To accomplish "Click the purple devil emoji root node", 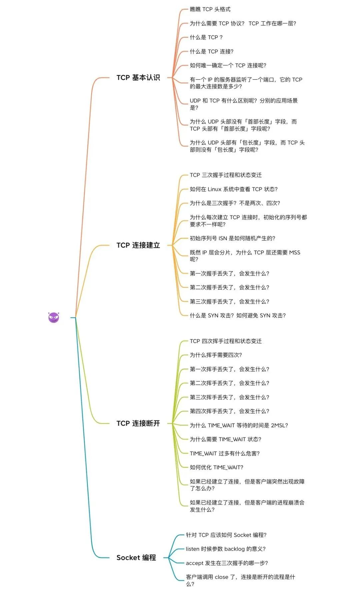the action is click(x=54, y=317).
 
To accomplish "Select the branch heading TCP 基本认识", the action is click(x=138, y=78).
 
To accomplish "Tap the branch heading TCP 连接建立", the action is click(x=138, y=245).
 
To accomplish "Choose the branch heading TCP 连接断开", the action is click(x=138, y=423).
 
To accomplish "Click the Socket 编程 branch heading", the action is click(x=136, y=558).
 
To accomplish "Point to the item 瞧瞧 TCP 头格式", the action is click(x=210, y=9).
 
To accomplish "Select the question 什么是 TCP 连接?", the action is click(x=212, y=52).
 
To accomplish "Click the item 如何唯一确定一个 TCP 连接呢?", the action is click(x=228, y=66).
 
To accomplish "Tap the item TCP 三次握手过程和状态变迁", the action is click(x=226, y=175).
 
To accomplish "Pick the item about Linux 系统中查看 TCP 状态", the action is click(x=234, y=189).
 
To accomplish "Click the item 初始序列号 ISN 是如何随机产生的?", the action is click(x=232, y=239).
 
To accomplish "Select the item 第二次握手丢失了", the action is click(x=229, y=287).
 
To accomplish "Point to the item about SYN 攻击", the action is click(x=238, y=316).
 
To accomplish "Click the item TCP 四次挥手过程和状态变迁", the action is click(x=226, y=341).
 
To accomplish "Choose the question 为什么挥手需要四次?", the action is click(x=216, y=355).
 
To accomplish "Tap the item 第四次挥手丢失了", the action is click(x=229, y=411).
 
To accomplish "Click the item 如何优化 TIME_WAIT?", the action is click(x=216, y=468).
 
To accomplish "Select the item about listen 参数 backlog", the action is click(x=225, y=549).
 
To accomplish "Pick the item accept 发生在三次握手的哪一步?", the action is click(x=227, y=563).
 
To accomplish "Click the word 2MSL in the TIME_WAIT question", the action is click(x=279, y=426).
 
